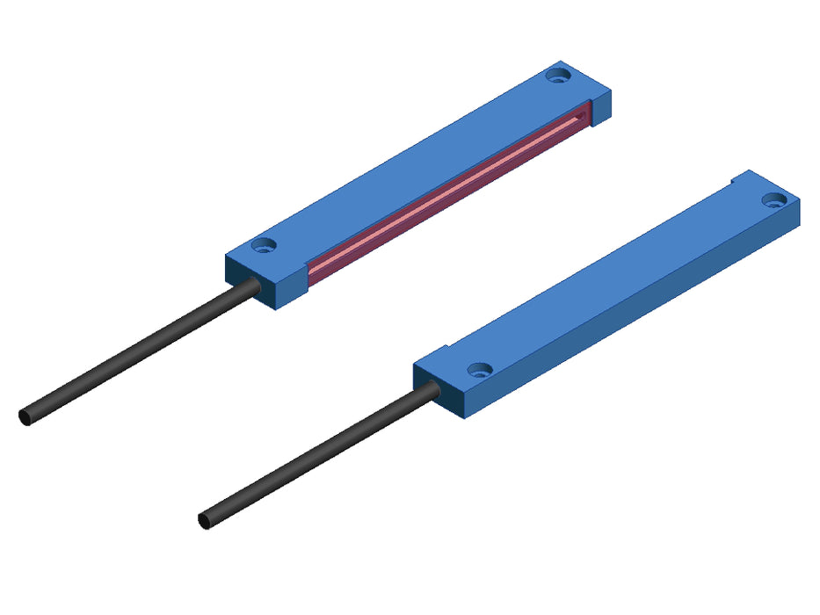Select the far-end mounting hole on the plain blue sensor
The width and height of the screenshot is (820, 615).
click(x=773, y=200)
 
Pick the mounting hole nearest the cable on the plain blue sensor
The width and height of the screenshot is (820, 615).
click(x=478, y=371)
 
